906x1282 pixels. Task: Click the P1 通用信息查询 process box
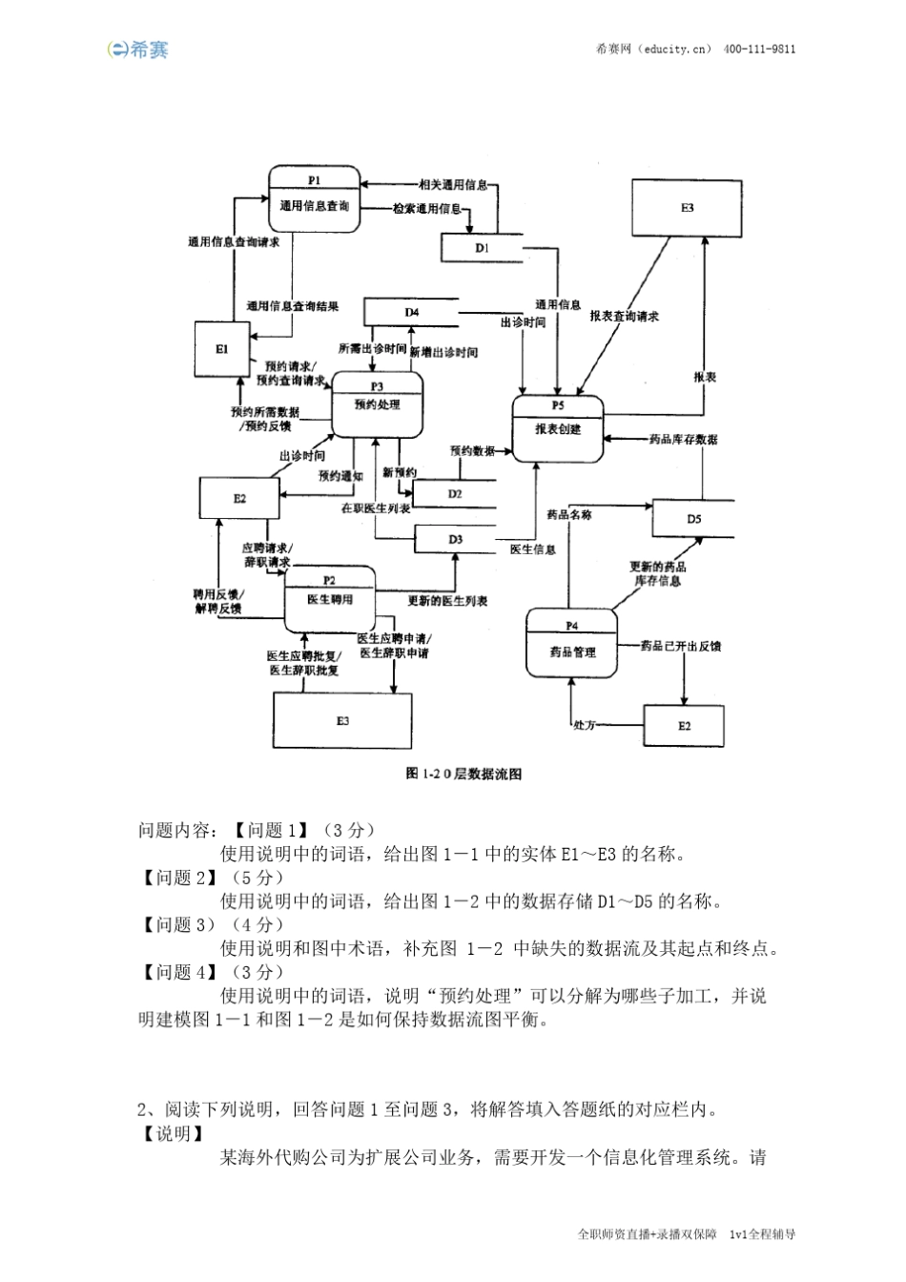pyautogui.click(x=314, y=199)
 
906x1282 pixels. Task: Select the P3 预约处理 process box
pyautogui.click(x=377, y=404)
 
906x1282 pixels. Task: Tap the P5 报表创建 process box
pyautogui.click(x=558, y=428)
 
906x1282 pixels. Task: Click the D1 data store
pyautogui.click(x=482, y=248)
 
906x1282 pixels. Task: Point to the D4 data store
pyautogui.click(x=412, y=312)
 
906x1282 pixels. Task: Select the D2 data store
pyautogui.click(x=455, y=494)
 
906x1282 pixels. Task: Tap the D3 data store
pyautogui.click(x=455, y=540)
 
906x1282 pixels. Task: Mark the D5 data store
pyautogui.click(x=693, y=519)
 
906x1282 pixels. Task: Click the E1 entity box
pyautogui.click(x=221, y=350)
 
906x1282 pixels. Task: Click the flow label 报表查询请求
pyautogui.click(x=625, y=317)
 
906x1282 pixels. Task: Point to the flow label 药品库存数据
pyautogui.click(x=683, y=440)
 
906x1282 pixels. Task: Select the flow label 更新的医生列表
pyautogui.click(x=447, y=601)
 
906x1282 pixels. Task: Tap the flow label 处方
pyautogui.click(x=584, y=726)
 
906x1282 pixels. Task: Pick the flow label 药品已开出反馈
pyautogui.click(x=681, y=647)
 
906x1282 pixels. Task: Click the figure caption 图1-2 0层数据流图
pyautogui.click(x=463, y=774)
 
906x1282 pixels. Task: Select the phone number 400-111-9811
pyautogui.click(x=760, y=50)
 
